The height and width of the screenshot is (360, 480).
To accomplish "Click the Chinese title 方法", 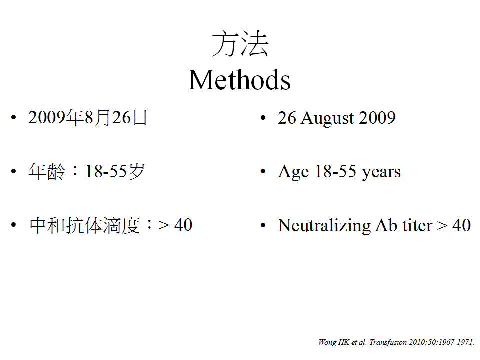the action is pyautogui.click(x=240, y=44).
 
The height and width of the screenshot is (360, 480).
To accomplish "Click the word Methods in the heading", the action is pyautogui.click(x=239, y=80).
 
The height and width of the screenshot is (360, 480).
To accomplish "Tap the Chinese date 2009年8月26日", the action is pyautogui.click(x=88, y=118).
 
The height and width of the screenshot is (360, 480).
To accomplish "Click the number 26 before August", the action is pyautogui.click(x=287, y=118).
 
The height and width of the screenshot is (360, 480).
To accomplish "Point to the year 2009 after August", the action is pyautogui.click(x=377, y=118).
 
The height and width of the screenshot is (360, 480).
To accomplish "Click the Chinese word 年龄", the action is pyautogui.click(x=47, y=171).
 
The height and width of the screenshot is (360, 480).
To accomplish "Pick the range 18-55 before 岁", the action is pyautogui.click(x=106, y=171).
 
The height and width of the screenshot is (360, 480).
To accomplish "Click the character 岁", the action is pyautogui.click(x=136, y=171).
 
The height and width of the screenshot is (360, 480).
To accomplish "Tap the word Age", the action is pyautogui.click(x=293, y=172).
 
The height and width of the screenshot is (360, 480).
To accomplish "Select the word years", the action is pyautogui.click(x=381, y=172).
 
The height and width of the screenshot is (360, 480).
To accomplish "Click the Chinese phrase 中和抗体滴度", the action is pyautogui.click(x=85, y=225).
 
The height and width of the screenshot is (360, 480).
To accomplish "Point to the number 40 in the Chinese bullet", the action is pyautogui.click(x=183, y=225).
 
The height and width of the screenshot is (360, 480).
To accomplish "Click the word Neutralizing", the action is pyautogui.click(x=324, y=226).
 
